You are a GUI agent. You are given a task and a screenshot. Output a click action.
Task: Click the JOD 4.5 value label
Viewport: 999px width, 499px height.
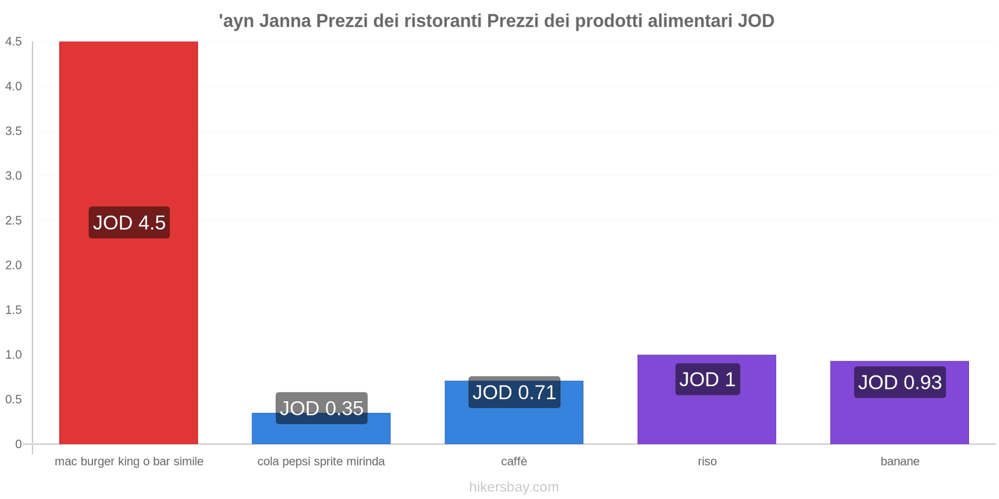129,223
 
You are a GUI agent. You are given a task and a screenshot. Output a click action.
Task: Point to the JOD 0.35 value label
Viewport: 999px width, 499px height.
322,408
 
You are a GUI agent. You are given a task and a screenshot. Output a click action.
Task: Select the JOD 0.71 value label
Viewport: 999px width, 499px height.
514,392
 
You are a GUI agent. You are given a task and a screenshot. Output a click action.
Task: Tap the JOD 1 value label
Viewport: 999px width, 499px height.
707,379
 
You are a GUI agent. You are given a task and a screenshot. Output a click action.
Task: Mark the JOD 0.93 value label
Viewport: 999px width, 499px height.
900,382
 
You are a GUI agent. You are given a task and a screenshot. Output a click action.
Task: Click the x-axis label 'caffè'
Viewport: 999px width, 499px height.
514,462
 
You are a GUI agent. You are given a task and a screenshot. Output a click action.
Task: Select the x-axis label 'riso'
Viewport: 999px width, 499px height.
707,462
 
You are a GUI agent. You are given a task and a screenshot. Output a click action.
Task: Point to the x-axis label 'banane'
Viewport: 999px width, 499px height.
900,462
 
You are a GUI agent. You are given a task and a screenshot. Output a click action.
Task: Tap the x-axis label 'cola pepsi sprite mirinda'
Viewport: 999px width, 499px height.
321,462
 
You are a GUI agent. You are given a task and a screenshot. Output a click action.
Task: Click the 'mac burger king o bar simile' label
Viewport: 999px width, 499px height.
129,462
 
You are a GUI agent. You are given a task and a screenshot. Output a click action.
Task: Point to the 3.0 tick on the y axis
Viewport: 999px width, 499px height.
14,176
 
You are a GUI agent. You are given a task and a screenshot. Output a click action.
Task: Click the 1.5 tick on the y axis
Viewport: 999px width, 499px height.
14,310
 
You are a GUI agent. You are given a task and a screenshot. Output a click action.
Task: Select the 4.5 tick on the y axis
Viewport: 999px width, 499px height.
14,42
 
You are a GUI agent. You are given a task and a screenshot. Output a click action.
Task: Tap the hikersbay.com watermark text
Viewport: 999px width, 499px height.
514,487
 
